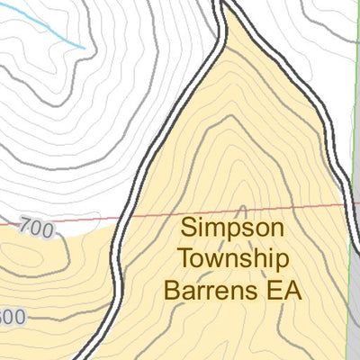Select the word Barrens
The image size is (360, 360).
(x=210, y=291)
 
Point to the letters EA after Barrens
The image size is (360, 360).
(x=282, y=291)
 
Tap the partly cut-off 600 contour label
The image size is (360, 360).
(x=11, y=317)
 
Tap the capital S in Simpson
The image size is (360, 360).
(x=188, y=227)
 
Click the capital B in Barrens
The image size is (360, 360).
(x=172, y=291)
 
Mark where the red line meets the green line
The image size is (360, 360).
(x=347, y=203)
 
